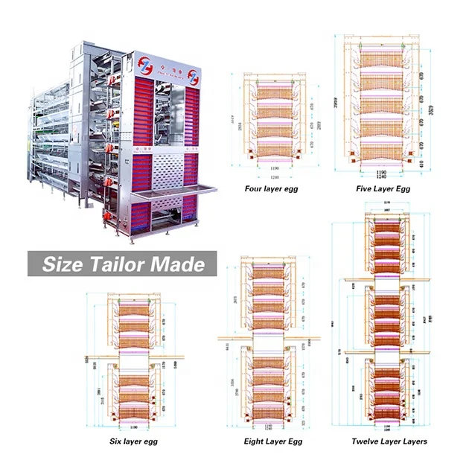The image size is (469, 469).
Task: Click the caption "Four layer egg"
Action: [x=271, y=188]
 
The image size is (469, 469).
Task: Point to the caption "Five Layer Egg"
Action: [x=383, y=189]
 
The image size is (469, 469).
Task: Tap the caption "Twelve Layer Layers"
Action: [x=390, y=441]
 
